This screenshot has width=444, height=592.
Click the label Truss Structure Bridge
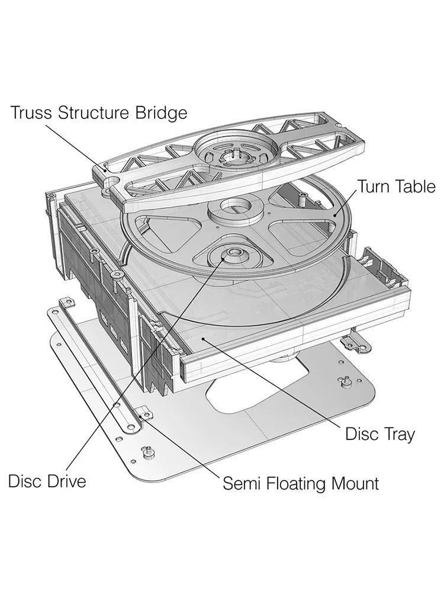tap(99, 113)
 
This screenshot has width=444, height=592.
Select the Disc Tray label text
tap(380, 434)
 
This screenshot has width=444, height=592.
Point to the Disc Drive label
tap(47, 481)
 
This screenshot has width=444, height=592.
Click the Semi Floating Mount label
tap(301, 483)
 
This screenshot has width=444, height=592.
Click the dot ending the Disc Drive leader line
tap(224, 258)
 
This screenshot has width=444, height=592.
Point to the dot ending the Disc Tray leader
tap(203, 339)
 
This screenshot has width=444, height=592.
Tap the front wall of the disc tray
tap(294, 340)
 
